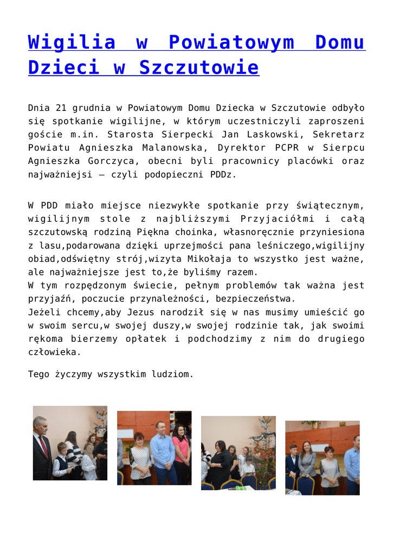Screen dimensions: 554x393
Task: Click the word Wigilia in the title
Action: (x=72, y=42)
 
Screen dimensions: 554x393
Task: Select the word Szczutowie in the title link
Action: (x=198, y=68)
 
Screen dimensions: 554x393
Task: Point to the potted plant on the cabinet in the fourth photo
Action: (x=311, y=424)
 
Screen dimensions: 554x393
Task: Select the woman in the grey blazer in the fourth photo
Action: (x=307, y=463)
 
